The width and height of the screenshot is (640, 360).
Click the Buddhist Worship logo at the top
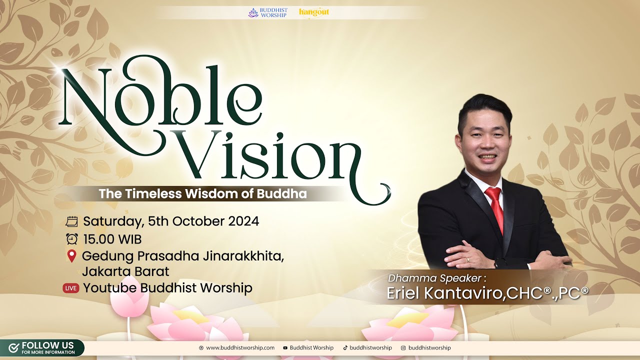[x=267, y=12]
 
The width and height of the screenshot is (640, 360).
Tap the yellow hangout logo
[x=314, y=13]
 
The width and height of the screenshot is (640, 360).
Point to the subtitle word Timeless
[x=153, y=193]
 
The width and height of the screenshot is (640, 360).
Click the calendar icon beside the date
[x=71, y=221]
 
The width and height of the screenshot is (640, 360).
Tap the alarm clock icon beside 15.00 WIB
[x=71, y=239]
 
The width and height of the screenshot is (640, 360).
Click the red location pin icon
[x=71, y=256]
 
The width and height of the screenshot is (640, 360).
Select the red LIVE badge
[x=71, y=288]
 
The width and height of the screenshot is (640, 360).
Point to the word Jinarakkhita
[x=243, y=256]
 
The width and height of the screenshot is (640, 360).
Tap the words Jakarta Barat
[x=125, y=271]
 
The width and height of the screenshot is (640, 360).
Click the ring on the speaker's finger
[x=467, y=260]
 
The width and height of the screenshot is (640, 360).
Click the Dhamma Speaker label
[x=437, y=278]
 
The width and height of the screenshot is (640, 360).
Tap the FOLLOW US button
[x=42, y=348]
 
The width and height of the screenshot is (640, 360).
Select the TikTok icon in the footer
[x=345, y=347]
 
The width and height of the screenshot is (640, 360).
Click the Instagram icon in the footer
[x=403, y=348]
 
